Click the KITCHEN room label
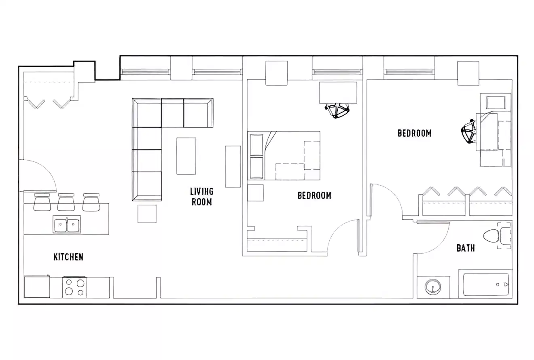tap(68, 257)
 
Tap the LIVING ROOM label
tap(202, 196)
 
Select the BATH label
tap(466, 248)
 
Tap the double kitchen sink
tap(67, 224)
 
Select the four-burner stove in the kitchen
tap(74, 288)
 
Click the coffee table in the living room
tap(186, 156)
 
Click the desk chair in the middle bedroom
tap(337, 110)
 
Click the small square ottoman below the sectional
tap(147, 214)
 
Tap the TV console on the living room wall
tap(233, 166)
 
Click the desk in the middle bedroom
tap(338, 93)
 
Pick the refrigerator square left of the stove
tap(37, 288)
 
